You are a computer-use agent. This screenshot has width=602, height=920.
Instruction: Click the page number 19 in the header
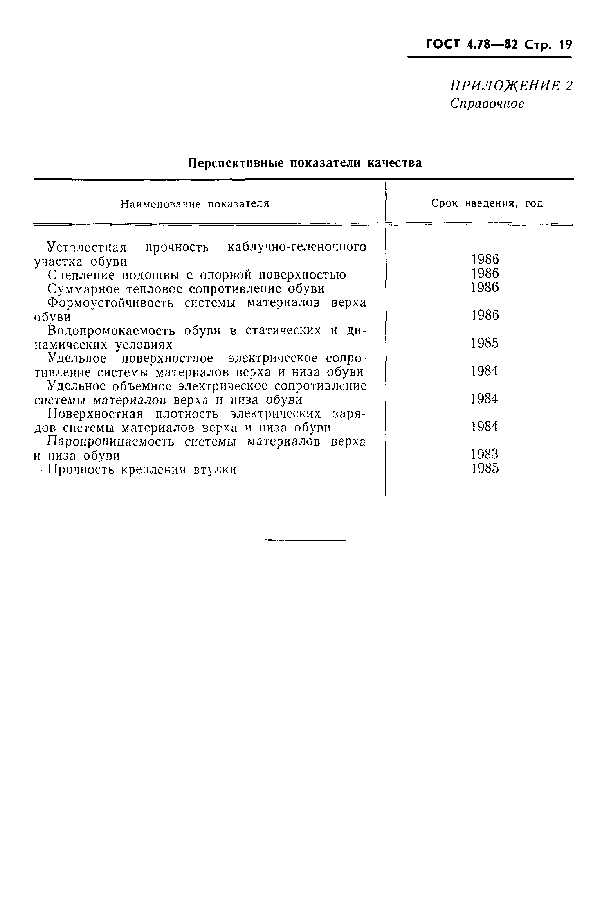click(565, 45)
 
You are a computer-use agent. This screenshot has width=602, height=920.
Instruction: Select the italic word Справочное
click(487, 103)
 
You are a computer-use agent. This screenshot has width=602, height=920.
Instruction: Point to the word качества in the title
click(394, 163)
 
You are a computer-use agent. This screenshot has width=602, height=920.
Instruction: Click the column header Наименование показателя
click(195, 204)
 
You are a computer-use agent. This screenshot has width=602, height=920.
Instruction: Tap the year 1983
click(485, 454)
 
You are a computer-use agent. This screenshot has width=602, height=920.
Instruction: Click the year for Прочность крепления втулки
click(485, 468)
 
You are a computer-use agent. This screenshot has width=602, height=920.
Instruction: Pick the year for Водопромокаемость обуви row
click(485, 343)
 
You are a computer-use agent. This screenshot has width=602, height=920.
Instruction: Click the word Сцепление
click(81, 275)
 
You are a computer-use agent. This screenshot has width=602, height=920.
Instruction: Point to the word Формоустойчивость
click(110, 303)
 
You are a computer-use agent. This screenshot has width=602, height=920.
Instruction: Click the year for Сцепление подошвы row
click(485, 273)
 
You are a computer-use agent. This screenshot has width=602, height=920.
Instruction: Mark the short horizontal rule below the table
click(306, 541)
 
